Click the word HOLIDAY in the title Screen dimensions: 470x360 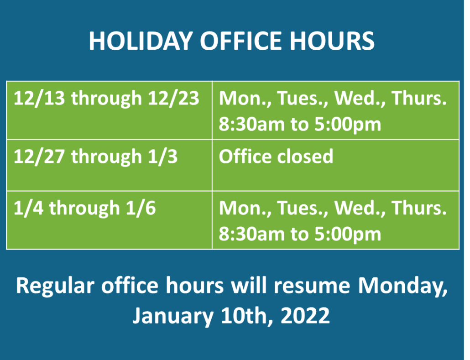[x=140, y=41]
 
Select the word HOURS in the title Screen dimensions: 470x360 [x=332, y=41]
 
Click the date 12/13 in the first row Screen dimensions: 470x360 [x=39, y=98]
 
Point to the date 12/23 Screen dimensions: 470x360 [x=173, y=98]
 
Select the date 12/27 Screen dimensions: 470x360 [x=39, y=156]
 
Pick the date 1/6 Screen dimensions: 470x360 [x=141, y=208]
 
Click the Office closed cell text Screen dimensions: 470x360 [x=276, y=156]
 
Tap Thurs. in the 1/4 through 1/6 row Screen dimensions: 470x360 [x=419, y=208]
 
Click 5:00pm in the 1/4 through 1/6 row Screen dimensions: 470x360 [x=348, y=234]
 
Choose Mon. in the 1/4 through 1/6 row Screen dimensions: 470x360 [x=245, y=208]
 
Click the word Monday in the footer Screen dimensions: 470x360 [x=402, y=285]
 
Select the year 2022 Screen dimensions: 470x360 [x=305, y=315]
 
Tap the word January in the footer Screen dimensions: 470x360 [x=173, y=316]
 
